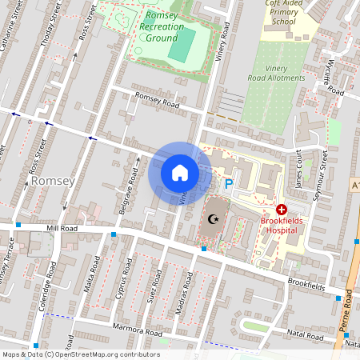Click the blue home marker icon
180,173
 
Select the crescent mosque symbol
213,218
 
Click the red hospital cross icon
282,209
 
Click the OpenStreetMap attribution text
80,354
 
